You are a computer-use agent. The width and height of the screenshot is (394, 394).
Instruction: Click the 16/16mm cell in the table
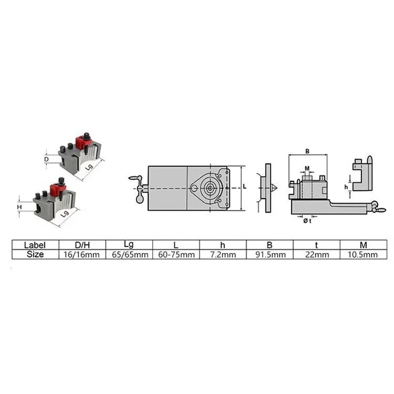[x=81, y=255]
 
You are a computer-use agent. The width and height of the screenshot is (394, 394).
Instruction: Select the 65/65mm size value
[x=130, y=255]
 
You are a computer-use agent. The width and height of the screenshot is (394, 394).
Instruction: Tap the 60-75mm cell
[x=176, y=255]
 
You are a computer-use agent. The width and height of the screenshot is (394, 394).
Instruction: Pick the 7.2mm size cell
[x=223, y=255]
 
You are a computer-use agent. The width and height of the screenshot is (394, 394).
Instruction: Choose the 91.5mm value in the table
[x=270, y=255]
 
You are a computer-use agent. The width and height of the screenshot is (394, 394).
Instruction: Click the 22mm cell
[x=317, y=255]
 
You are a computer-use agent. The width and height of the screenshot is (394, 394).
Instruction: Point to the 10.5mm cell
[x=362, y=255]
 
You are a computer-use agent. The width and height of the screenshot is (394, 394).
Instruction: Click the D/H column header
[x=82, y=245]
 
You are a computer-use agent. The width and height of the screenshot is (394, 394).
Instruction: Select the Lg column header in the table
[x=129, y=244]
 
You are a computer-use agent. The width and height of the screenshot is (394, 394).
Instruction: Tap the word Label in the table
[x=34, y=245]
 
